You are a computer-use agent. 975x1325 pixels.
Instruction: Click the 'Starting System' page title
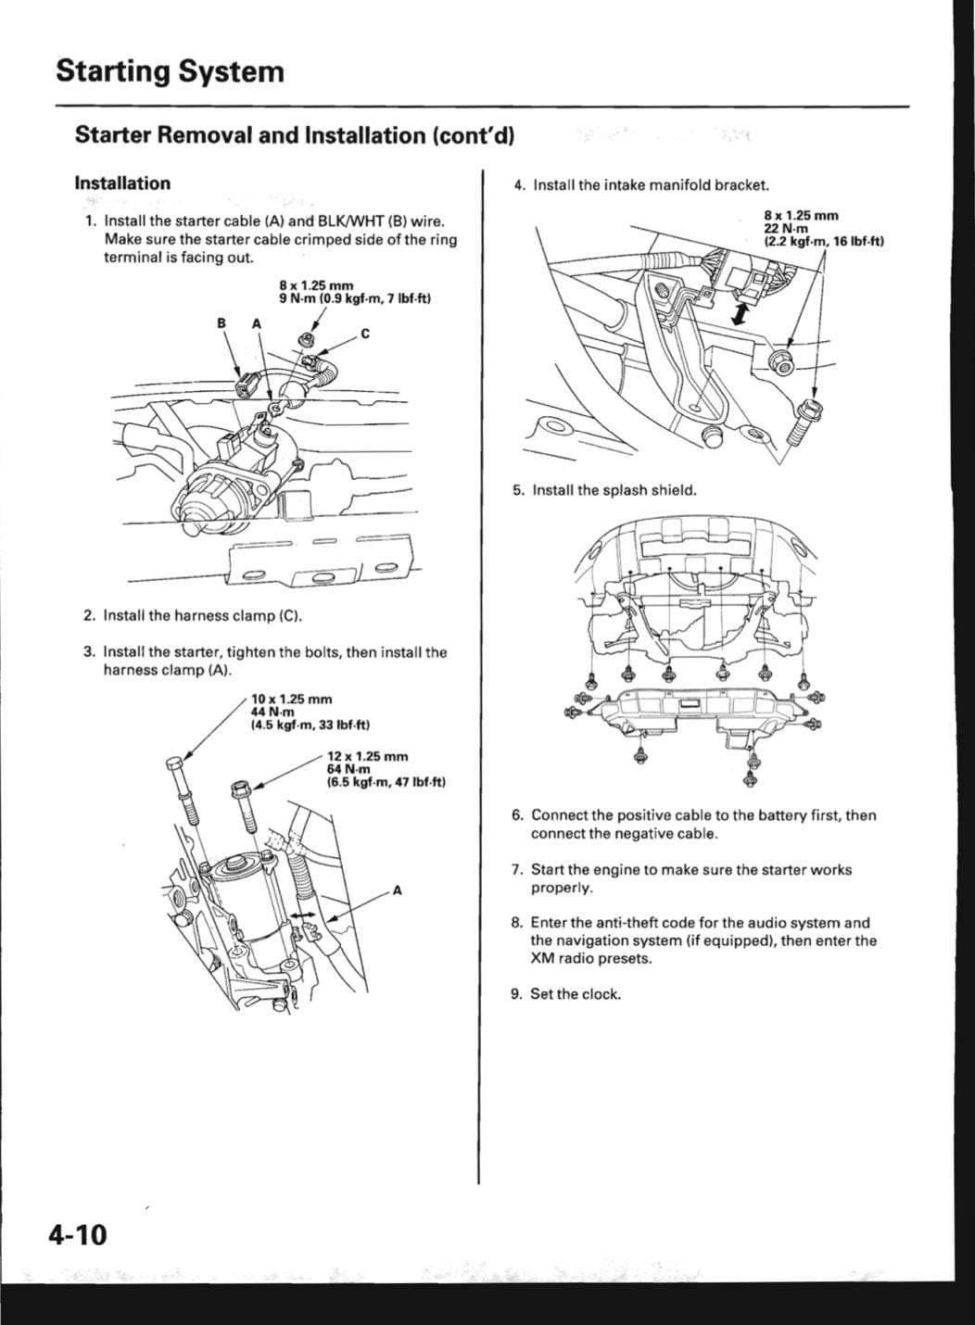pos(170,71)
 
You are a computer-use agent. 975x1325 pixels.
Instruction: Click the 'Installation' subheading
pos(122,183)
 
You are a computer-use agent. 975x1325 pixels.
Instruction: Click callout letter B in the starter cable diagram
pos(222,323)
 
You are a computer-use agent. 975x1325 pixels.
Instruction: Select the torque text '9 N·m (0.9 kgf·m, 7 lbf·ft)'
pos(356,299)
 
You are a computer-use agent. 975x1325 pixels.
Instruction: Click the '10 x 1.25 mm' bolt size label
pos(291,700)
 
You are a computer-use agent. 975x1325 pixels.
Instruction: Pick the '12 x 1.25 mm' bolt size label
pos(367,757)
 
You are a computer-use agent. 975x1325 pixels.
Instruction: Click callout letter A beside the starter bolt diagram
pos(398,891)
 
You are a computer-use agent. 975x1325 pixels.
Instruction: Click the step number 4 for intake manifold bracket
pos(519,185)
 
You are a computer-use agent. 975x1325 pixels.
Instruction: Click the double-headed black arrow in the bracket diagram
pos(738,313)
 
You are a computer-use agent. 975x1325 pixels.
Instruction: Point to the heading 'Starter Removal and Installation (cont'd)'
pos(295,135)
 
